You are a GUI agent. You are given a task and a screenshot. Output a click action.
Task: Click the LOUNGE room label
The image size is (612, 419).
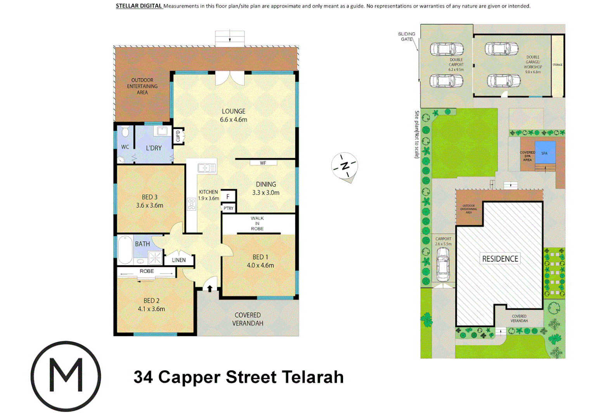pyautogui.click(x=233, y=111)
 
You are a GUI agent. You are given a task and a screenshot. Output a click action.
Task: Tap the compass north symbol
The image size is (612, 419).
pyautogui.click(x=344, y=166)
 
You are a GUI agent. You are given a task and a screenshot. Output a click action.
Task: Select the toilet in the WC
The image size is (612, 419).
pyautogui.click(x=125, y=132)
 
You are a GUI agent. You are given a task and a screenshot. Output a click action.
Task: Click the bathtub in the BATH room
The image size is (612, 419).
pyautogui.click(x=125, y=249)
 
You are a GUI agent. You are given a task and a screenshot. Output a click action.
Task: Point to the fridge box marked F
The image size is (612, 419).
pyautogui.click(x=228, y=197)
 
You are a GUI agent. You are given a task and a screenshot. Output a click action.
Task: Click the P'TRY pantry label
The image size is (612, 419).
pyautogui.click(x=229, y=208)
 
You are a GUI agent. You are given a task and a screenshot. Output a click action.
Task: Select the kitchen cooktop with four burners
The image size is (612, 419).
pyautogui.click(x=191, y=204)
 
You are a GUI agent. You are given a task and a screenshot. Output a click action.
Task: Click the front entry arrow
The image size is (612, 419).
pyautogui.click(x=210, y=288)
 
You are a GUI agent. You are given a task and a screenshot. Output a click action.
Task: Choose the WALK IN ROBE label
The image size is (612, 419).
pyautogui.click(x=257, y=223)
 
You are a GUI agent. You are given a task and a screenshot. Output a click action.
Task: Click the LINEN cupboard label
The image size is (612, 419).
pyautogui.click(x=179, y=260)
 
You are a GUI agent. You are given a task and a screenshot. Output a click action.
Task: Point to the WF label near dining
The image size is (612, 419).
pyautogui.click(x=263, y=163)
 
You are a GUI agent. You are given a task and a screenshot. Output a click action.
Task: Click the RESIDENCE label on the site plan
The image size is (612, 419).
pyautogui.click(x=500, y=259)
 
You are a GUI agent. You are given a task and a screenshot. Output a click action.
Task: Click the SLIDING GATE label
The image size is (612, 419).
pyautogui.click(x=406, y=36)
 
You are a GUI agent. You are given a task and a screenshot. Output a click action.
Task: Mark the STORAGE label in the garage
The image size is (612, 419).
pyautogui.click(x=557, y=65)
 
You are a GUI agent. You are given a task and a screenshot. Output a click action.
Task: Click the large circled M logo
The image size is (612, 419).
pyautogui.click(x=66, y=376)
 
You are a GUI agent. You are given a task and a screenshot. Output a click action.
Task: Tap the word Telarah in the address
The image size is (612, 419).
pyautogui.click(x=312, y=377)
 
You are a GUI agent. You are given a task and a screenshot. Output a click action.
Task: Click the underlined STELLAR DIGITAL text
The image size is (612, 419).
pyautogui.click(x=139, y=6)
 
